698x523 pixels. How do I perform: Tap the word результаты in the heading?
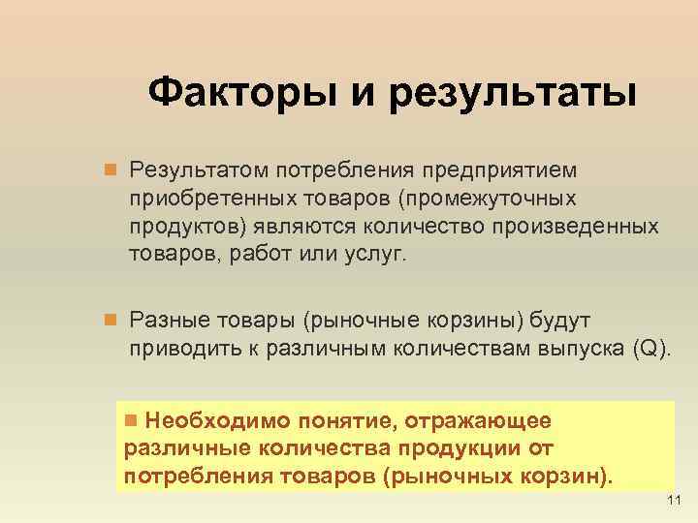(515, 95)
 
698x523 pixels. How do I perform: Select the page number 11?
(677, 499)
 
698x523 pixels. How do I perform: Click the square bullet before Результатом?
(111, 170)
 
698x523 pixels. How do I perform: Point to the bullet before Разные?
(111, 319)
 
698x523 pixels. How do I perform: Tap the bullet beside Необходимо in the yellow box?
(133, 421)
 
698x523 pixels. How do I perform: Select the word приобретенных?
(201, 199)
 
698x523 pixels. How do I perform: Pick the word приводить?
(181, 347)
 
